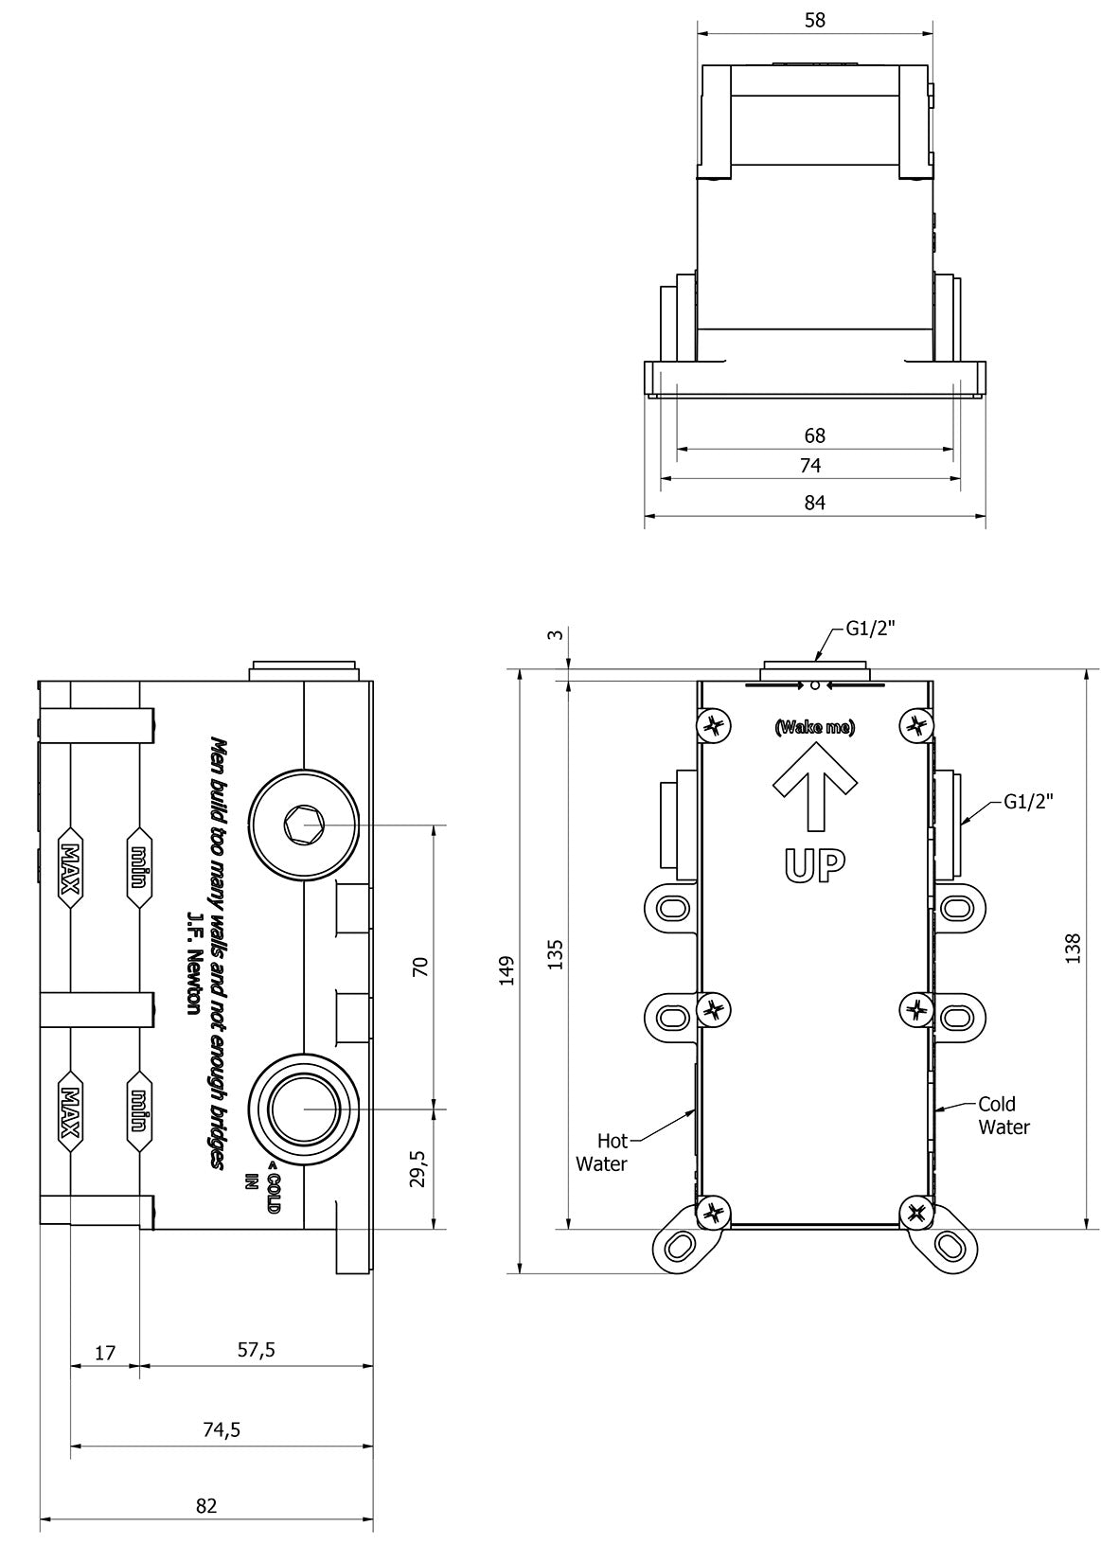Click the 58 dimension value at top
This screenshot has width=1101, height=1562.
(x=814, y=20)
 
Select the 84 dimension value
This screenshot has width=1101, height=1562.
(x=814, y=503)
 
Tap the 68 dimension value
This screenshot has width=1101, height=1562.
(x=814, y=435)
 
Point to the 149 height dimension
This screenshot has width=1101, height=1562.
(x=507, y=971)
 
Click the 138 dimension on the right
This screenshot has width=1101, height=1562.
(x=1072, y=949)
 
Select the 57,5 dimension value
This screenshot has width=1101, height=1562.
(x=256, y=1350)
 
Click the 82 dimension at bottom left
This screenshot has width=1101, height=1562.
(x=206, y=1506)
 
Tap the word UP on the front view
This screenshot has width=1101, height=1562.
(x=814, y=864)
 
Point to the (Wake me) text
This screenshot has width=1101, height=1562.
(x=814, y=727)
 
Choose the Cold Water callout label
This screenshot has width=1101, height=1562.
(x=1003, y=1115)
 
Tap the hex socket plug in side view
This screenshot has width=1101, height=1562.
(x=304, y=825)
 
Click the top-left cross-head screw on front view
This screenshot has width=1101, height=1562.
(x=714, y=726)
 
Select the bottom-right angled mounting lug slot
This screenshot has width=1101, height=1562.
(x=947, y=1244)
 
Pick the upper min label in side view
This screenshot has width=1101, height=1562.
(x=139, y=868)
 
